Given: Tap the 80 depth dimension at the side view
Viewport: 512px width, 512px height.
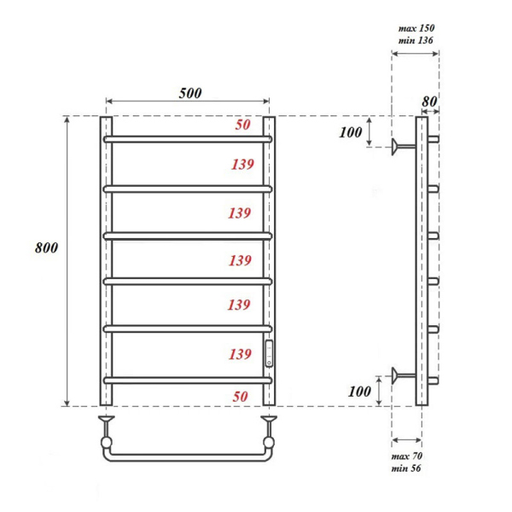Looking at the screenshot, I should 429,101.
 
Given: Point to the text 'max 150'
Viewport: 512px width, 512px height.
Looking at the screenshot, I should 416,28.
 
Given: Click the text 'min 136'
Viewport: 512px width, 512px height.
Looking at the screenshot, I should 416,41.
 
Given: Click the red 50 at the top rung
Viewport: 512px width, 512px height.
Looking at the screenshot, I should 242,125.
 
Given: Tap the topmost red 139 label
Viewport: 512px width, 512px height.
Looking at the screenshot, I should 239,164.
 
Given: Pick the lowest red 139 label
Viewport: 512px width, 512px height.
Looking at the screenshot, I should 239,352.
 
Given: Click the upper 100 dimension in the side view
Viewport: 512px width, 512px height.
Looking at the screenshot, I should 351,132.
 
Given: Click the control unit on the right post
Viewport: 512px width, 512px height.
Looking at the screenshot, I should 270,352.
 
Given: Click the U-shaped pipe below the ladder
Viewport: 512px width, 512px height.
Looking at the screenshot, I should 187,457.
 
